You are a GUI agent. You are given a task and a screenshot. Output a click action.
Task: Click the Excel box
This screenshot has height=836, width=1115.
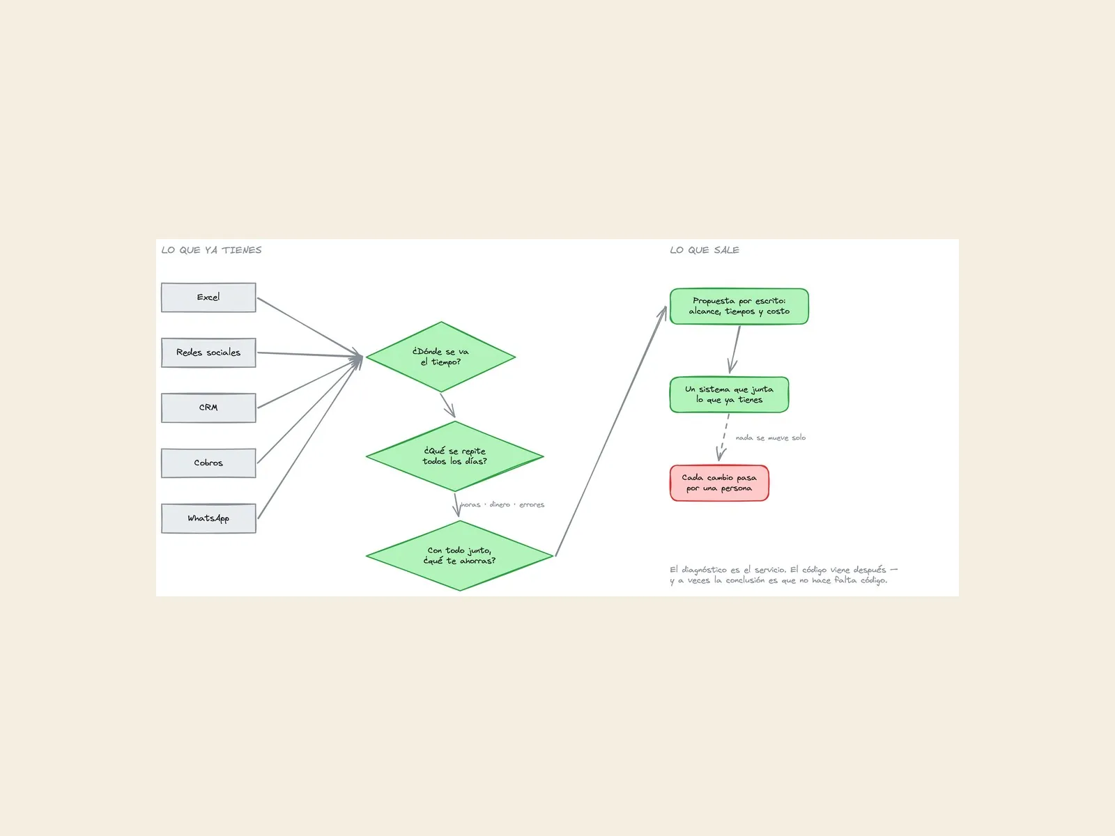208,297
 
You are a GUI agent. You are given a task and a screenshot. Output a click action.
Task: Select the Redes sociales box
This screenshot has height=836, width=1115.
208,353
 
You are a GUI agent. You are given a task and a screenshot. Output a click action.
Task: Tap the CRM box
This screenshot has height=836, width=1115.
208,408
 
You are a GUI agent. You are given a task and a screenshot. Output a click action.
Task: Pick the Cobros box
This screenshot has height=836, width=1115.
208,463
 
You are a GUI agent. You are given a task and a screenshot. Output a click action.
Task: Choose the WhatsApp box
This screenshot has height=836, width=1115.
208,518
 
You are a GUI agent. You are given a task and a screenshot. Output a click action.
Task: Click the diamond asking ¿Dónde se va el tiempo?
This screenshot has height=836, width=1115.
440,357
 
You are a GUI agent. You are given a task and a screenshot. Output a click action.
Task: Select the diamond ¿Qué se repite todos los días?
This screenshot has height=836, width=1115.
454,456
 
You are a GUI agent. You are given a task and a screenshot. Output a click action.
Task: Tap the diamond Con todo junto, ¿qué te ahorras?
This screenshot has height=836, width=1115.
459,556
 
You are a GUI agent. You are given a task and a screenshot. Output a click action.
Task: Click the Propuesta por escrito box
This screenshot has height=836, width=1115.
739,306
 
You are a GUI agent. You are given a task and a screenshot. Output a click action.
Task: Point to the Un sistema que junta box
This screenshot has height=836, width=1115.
729,394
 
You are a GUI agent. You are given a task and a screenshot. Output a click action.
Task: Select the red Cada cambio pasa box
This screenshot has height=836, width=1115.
718,483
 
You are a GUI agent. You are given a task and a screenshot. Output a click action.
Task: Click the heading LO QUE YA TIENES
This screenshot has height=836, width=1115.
211,250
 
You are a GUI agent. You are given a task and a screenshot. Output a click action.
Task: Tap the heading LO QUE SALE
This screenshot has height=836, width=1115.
705,250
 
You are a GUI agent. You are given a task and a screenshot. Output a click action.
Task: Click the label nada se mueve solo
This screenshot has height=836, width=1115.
771,438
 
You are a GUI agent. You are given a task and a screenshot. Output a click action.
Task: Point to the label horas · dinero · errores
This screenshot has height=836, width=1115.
502,504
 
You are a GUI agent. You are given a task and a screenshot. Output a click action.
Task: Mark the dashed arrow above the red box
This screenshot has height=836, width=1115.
724,438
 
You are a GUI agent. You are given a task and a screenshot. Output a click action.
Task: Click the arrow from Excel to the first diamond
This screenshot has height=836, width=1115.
310,327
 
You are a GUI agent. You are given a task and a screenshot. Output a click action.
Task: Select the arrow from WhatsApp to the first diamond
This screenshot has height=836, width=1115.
310,437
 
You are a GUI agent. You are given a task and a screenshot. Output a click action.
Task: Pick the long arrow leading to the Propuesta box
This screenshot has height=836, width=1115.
610,431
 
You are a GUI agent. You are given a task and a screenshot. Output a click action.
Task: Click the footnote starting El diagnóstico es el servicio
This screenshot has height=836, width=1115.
783,575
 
